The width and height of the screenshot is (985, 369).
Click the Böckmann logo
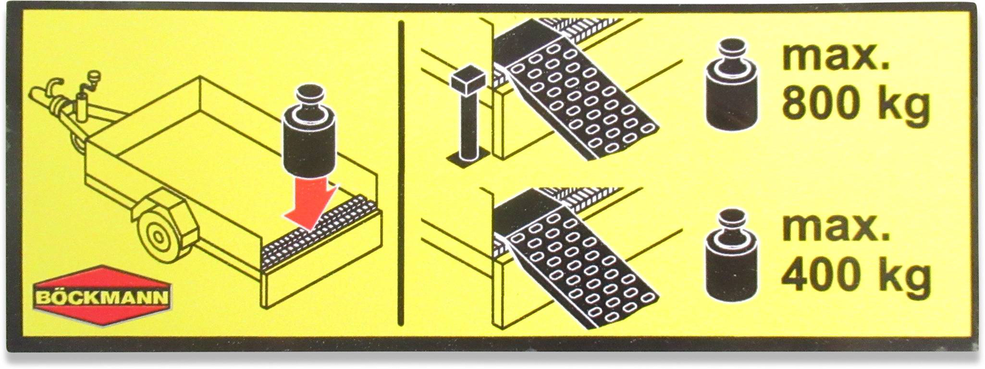(x=102, y=296)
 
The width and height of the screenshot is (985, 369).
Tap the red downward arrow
(x=311, y=203)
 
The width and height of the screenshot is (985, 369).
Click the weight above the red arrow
(x=310, y=132)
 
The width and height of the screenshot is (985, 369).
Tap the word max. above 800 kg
(x=835, y=57)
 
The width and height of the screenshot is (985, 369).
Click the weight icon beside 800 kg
(x=732, y=85)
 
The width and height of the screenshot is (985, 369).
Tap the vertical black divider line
(x=401, y=174)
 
